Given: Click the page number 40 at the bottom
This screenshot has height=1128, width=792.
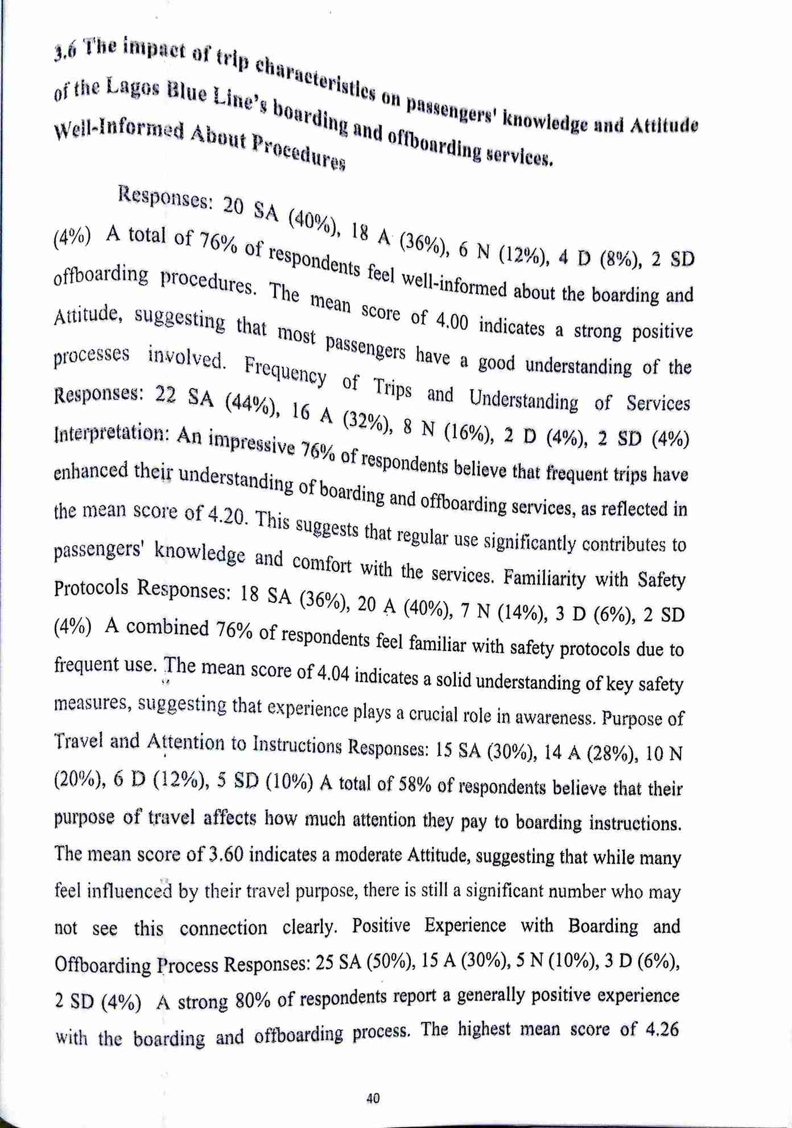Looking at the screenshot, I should coord(373,1098).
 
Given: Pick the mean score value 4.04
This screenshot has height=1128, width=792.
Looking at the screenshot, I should coord(333,674).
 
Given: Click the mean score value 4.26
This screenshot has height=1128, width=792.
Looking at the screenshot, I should coord(659,1030).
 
